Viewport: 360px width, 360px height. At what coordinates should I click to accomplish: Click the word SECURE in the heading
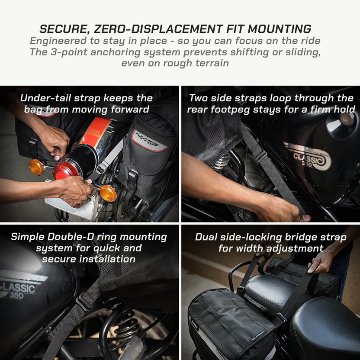click(63, 29)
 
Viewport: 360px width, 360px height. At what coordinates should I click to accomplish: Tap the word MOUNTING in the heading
click(280, 29)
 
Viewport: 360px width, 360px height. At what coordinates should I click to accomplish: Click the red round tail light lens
click(65, 170)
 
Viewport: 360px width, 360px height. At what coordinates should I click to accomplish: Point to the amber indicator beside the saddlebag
click(108, 193)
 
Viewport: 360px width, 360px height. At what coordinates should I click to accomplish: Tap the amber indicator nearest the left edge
click(36, 167)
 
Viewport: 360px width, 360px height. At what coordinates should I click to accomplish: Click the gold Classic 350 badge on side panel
click(308, 157)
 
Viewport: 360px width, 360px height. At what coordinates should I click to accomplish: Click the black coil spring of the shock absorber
click(125, 321)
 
